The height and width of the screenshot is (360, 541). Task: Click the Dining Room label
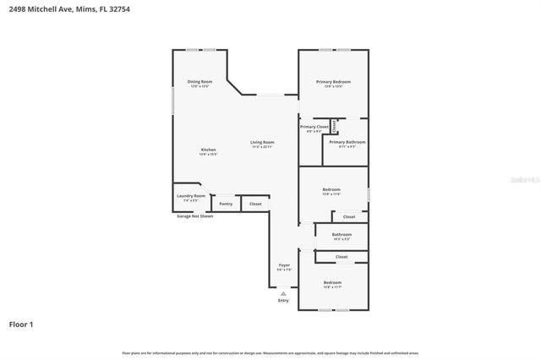coord(199,82)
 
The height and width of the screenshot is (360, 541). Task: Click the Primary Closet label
coord(314,128)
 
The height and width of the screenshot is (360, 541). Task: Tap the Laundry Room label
coord(190,197)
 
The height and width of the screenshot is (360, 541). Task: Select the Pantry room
coord(225,204)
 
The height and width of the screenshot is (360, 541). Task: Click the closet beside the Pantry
coord(255,204)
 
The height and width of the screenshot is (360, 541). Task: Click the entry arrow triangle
coord(283,293)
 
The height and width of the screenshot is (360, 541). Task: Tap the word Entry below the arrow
coord(283,301)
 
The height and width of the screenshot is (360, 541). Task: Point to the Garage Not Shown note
coord(194,216)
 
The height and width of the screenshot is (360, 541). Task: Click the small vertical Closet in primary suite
coord(334,127)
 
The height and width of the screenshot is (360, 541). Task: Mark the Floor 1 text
coord(20,324)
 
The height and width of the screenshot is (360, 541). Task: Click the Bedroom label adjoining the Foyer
coord(332,283)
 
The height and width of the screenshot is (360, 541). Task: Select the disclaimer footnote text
coord(270,352)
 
